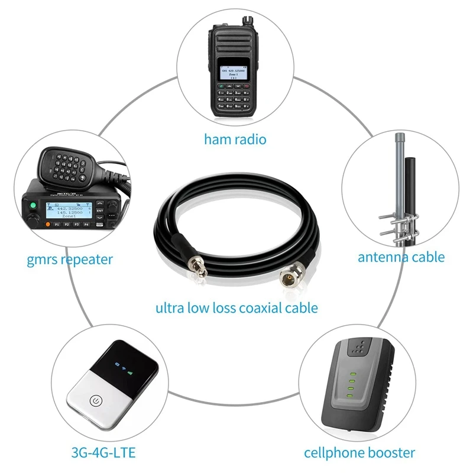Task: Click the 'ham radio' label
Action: pyautogui.click(x=235, y=140)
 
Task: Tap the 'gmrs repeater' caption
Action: pyautogui.click(x=70, y=259)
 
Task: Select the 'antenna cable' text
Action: pyautogui.click(x=401, y=257)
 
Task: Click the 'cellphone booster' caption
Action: pyautogui.click(x=359, y=453)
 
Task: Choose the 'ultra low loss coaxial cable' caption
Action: pyautogui.click(x=237, y=307)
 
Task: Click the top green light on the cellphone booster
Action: pyautogui.click(x=351, y=374)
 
